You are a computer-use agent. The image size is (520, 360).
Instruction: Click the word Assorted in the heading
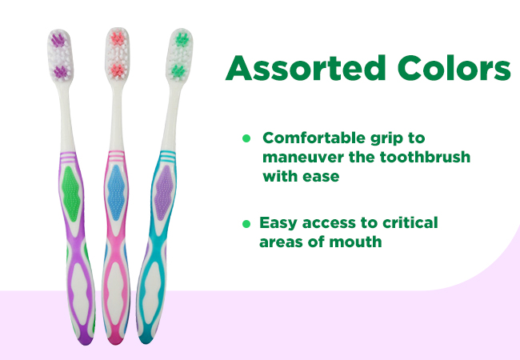(x=306, y=68)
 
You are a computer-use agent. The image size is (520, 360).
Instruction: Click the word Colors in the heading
(x=454, y=68)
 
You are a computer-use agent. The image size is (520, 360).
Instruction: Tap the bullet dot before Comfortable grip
(x=246, y=138)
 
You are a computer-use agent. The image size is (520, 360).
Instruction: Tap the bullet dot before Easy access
(x=246, y=224)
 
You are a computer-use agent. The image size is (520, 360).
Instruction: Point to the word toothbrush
(x=425, y=157)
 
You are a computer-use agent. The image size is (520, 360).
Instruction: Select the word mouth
(x=355, y=242)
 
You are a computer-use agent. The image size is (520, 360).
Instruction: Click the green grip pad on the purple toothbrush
(x=70, y=194)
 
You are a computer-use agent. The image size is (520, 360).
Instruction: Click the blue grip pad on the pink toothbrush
(x=116, y=193)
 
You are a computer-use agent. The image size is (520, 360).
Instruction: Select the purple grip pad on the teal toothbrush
(x=163, y=193)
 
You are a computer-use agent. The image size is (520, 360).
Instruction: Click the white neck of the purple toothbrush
(x=66, y=116)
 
